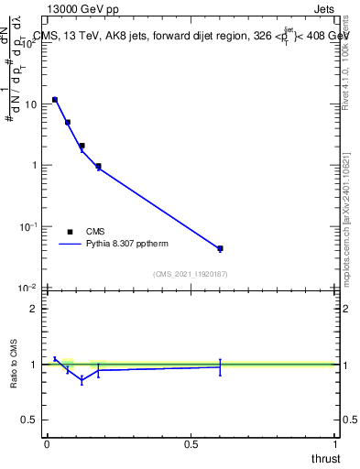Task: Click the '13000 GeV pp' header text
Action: [x=83, y=9]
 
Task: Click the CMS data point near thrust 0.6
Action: [x=220, y=248]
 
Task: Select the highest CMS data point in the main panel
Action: [x=55, y=100]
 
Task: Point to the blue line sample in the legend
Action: [x=71, y=245]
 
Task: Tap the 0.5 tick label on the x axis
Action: [x=191, y=444]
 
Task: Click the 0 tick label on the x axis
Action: [x=47, y=444]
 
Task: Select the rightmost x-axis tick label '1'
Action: [x=334, y=444]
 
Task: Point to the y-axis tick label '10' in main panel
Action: [x=29, y=104]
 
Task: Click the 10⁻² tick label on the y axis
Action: [x=27, y=288]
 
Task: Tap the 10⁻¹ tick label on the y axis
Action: [x=27, y=226]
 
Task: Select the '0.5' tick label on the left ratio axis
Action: [x=29, y=420]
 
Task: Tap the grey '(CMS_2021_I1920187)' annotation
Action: [x=190, y=273]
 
